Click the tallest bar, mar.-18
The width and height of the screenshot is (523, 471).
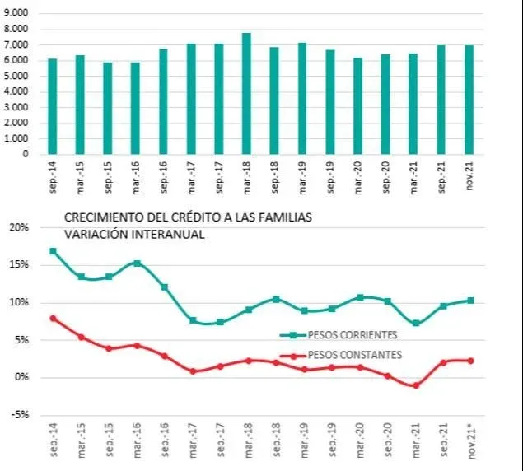tap(246, 93)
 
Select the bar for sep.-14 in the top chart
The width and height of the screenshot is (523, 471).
tap(53, 106)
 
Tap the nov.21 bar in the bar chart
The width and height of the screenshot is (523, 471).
tap(469, 100)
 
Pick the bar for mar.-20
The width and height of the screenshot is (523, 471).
tap(358, 105)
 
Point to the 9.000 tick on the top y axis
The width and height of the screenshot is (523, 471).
tap(14, 14)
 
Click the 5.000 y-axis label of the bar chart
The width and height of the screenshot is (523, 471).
tap(14, 76)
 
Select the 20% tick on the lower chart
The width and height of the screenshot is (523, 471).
tap(17, 226)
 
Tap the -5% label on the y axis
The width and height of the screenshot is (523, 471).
tap(17, 414)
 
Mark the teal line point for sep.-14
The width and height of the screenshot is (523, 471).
tap(54, 251)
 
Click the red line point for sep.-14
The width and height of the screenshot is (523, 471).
tap(54, 318)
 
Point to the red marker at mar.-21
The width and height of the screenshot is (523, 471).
tap(416, 385)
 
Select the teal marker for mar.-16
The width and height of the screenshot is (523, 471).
tap(137, 263)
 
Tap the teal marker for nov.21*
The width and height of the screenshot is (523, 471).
tap(470, 301)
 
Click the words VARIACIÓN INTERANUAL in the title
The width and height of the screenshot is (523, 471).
tap(134, 234)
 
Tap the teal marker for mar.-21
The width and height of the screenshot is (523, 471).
tap(416, 324)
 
